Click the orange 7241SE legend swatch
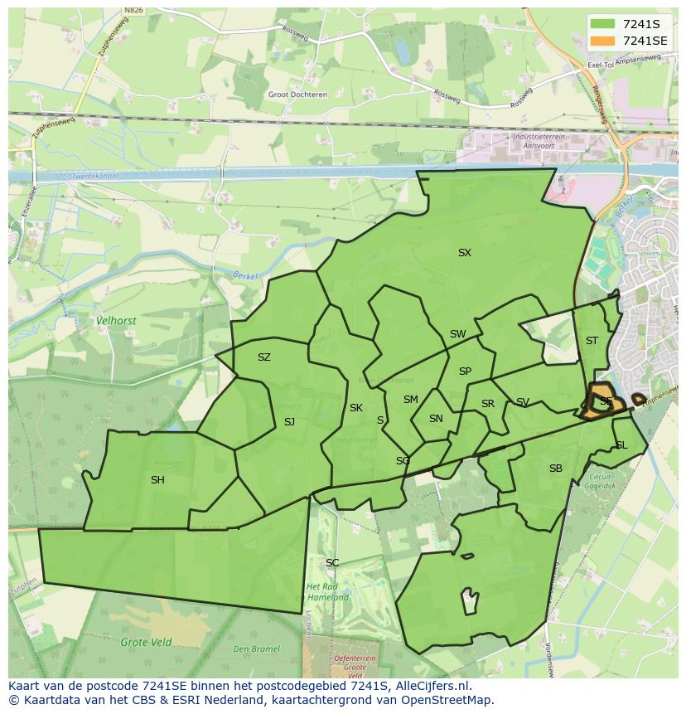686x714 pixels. [602, 41]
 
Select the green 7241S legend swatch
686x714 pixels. [602, 24]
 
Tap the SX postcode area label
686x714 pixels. [465, 253]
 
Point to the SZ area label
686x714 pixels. [263, 357]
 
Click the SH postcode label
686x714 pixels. [157, 480]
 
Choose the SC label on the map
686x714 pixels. [332, 563]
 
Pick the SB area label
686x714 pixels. [556, 469]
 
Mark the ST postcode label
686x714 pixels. [592, 341]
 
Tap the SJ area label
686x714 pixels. [289, 422]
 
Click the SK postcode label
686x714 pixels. [356, 408]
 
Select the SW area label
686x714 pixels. [457, 334]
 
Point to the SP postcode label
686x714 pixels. [465, 372]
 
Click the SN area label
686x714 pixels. [436, 419]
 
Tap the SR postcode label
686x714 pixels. [488, 404]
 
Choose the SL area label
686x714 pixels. [621, 445]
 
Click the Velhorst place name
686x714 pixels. [116, 320]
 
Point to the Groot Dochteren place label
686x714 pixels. [297, 95]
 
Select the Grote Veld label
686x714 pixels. [146, 642]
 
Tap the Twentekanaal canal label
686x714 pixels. [94, 177]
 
